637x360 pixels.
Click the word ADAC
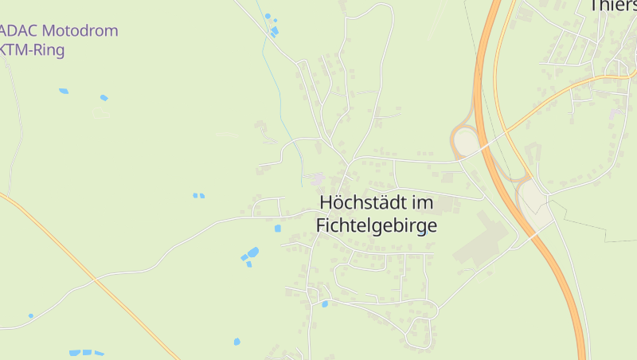tap(21, 32)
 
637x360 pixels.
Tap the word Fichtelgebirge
tap(377, 225)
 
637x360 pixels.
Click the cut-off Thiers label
tap(613, 6)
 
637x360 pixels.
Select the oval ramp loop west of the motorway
tap(465, 142)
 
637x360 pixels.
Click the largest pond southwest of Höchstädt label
tap(252, 252)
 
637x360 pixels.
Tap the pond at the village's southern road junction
tap(324, 303)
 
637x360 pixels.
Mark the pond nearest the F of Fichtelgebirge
tap(278, 229)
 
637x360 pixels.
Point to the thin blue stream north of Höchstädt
tap(281, 96)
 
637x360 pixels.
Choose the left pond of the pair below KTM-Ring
tap(64, 91)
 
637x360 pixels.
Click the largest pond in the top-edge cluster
tap(275, 32)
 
